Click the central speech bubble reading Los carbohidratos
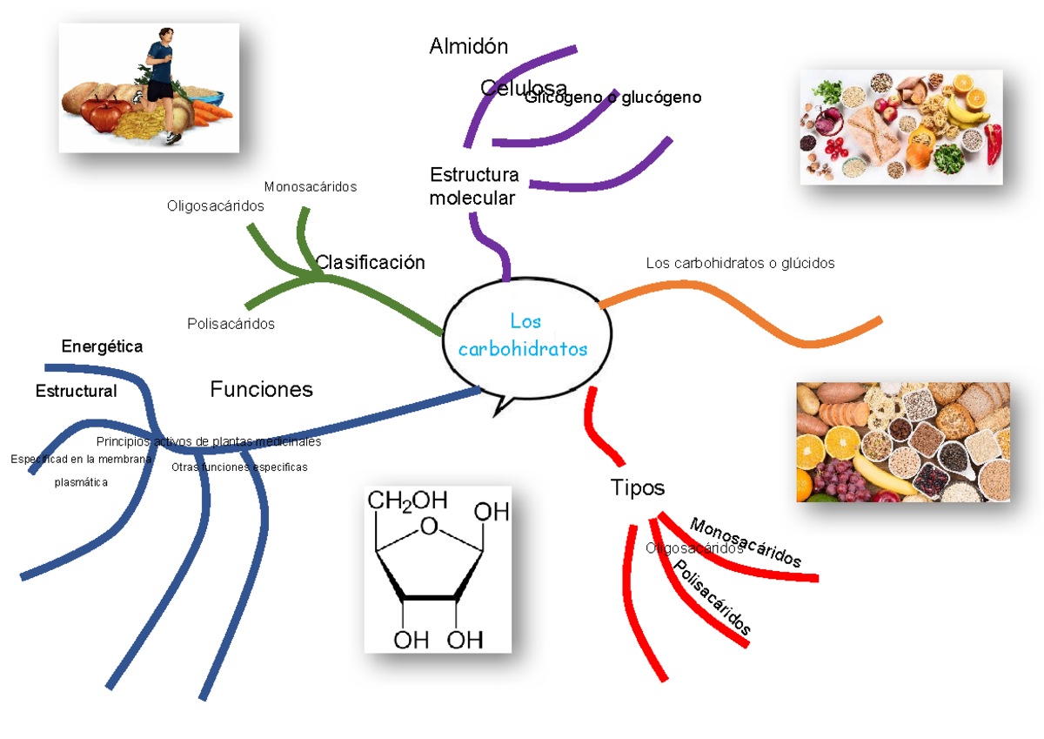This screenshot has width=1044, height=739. click(x=523, y=336)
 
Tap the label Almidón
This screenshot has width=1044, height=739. click(x=468, y=46)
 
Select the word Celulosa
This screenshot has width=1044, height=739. click(x=523, y=88)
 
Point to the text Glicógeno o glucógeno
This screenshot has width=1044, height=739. click(x=612, y=97)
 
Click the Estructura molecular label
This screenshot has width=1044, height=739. click(x=473, y=186)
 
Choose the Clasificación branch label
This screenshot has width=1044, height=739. click(x=370, y=262)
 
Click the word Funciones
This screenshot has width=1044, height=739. click(x=261, y=389)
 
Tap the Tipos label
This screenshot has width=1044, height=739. click(x=637, y=487)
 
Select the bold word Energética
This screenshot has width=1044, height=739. click(x=102, y=346)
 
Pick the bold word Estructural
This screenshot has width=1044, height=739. click(x=76, y=391)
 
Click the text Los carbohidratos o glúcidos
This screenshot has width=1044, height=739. click(x=739, y=263)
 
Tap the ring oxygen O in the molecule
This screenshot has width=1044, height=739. click(x=428, y=526)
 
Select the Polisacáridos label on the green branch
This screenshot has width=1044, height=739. click(x=231, y=324)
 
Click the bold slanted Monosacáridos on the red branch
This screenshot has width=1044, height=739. click(x=745, y=543)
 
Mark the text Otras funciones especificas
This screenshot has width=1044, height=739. click(x=239, y=467)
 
